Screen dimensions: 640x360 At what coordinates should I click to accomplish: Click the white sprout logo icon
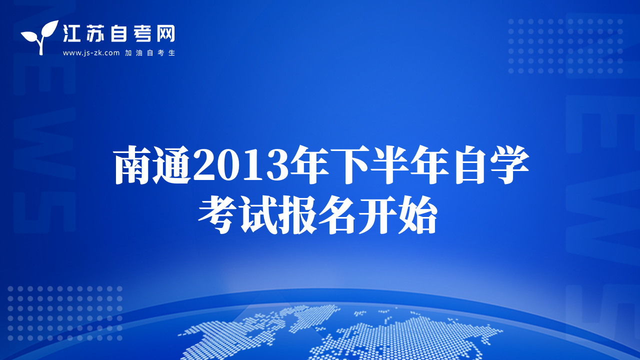click(40, 37)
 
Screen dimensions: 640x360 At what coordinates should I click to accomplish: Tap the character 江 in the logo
click(71, 33)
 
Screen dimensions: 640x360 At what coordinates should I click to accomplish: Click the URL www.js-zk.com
click(91, 53)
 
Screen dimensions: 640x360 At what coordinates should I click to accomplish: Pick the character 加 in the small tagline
click(128, 53)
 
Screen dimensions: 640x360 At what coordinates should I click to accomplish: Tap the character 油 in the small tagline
click(139, 53)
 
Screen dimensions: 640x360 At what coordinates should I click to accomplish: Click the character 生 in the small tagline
click(171, 53)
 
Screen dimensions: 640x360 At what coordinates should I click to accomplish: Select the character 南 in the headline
click(133, 164)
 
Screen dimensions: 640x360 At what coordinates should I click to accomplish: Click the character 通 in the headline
click(172, 164)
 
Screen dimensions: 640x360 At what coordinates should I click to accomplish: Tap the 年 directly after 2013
click(309, 164)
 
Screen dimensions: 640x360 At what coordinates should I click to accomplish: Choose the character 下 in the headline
click(349, 164)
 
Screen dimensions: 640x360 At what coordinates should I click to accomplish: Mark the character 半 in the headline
click(390, 164)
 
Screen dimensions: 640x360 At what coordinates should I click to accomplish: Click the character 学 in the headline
click(509, 164)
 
